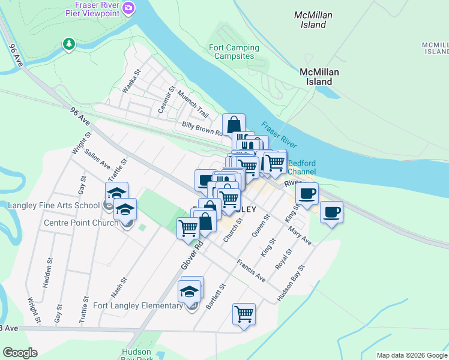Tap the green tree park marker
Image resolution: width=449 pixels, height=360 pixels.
(x=70, y=44)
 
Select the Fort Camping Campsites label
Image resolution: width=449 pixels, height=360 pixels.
(x=234, y=52)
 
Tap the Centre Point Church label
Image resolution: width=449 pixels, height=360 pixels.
(x=81, y=223)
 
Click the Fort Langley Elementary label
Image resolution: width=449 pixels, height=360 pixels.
(x=138, y=306)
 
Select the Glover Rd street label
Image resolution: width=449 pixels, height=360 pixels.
(x=189, y=254)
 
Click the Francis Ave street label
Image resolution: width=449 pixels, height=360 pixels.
(x=251, y=271)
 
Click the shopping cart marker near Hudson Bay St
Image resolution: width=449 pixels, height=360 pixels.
(x=244, y=313)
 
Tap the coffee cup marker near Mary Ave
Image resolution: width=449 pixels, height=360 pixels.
(x=331, y=212)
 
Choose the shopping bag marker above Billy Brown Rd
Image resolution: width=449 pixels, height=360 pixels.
(x=234, y=125)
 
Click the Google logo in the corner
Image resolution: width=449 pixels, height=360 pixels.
(x=20, y=352)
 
